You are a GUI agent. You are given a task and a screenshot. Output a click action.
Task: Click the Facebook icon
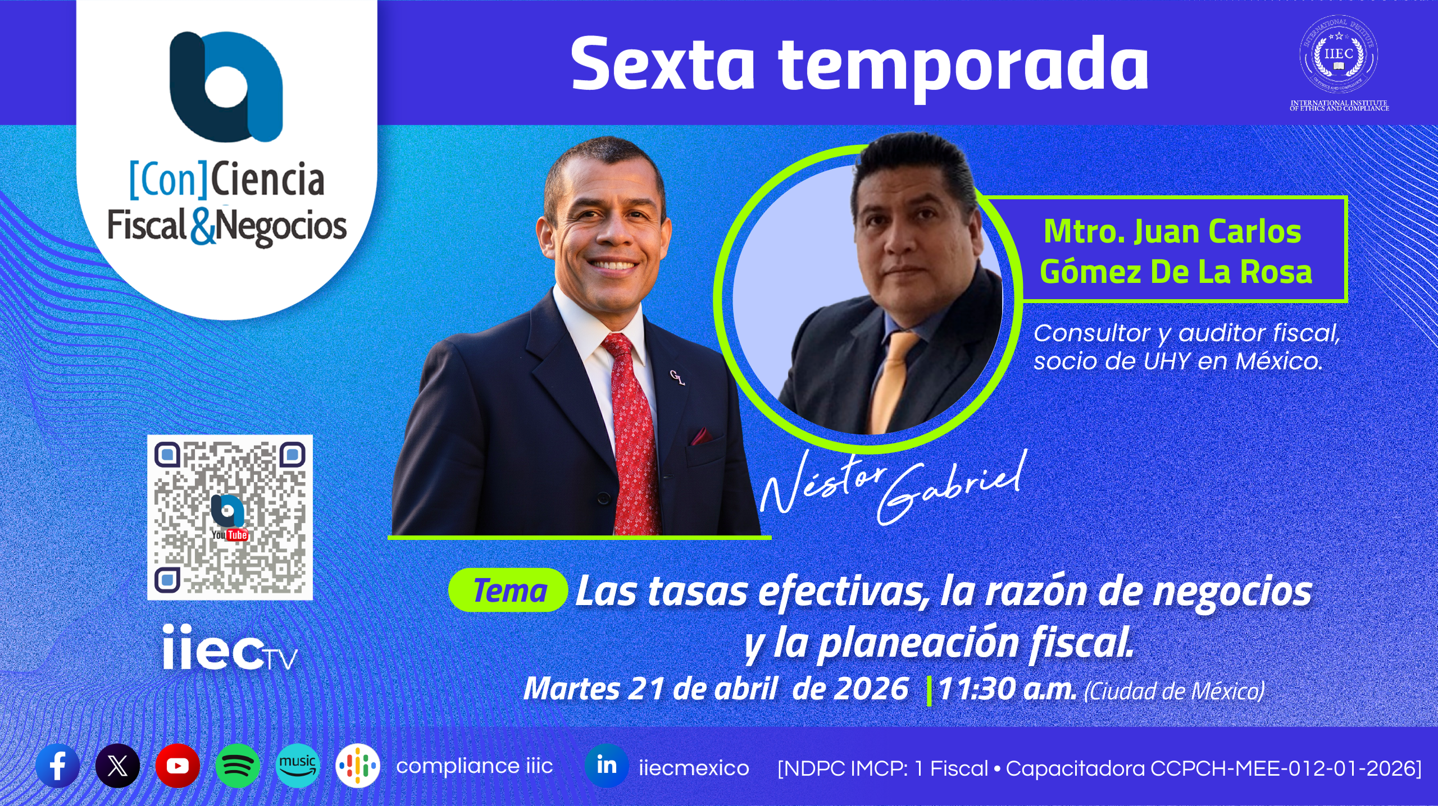(58, 766)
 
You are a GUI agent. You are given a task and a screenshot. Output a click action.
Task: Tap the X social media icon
(117, 766)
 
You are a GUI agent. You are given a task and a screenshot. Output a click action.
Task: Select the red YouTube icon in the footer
(178, 766)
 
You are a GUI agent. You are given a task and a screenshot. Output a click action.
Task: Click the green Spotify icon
(238, 766)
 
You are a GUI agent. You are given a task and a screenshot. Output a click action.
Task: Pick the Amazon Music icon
(298, 766)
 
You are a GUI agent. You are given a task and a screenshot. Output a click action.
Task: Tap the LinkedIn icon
(607, 766)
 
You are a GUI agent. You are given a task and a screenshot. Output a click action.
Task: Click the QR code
(230, 518)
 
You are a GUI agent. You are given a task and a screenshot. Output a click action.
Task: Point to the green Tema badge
(508, 590)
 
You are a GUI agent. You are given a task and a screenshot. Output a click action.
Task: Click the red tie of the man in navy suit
(633, 432)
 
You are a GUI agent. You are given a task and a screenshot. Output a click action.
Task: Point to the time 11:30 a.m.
(1007, 689)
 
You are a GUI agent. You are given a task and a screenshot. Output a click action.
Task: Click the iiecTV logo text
(230, 648)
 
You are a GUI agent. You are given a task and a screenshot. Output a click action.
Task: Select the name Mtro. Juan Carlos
(1172, 231)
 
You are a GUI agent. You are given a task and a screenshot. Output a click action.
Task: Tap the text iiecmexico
(694, 767)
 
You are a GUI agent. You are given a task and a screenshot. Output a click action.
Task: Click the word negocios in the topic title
(1232, 592)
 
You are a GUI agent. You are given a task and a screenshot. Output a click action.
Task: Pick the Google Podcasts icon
(358, 766)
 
